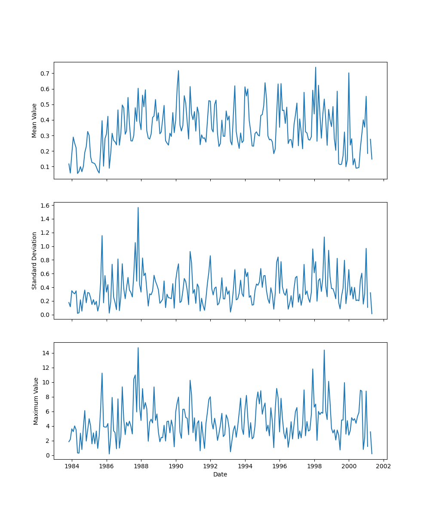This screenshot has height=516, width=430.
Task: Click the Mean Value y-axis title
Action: pyautogui.click(x=34, y=120)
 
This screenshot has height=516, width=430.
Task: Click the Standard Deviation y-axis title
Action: pyautogui.click(x=34, y=261)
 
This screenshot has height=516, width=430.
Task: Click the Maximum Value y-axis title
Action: pyautogui.click(x=36, y=401)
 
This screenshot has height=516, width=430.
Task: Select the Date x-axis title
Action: pyautogui.click(x=220, y=474)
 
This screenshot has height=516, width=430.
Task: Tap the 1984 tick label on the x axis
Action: pyautogui.click(x=72, y=466)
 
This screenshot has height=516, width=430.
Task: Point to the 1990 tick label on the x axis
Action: pyautogui.click(x=175, y=466)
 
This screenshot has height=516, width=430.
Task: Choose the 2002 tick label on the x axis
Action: pyautogui.click(x=384, y=466)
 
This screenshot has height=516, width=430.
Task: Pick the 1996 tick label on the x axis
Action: pyautogui.click(x=279, y=466)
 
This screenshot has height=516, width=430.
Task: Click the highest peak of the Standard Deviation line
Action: pyautogui.click(x=138, y=207)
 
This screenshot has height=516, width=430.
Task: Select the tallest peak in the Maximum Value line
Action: pyautogui.click(x=138, y=347)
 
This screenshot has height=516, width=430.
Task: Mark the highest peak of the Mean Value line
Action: pyautogui.click(x=315, y=67)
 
